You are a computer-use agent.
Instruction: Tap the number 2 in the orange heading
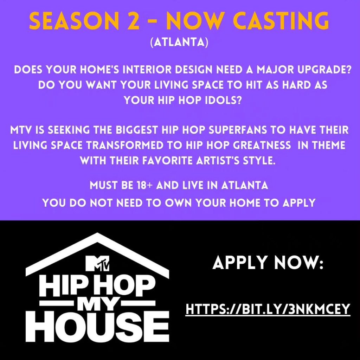tap(133, 20)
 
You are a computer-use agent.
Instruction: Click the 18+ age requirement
tap(145, 185)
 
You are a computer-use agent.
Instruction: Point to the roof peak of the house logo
tap(97, 234)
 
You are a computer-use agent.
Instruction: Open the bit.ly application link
tap(268, 309)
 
